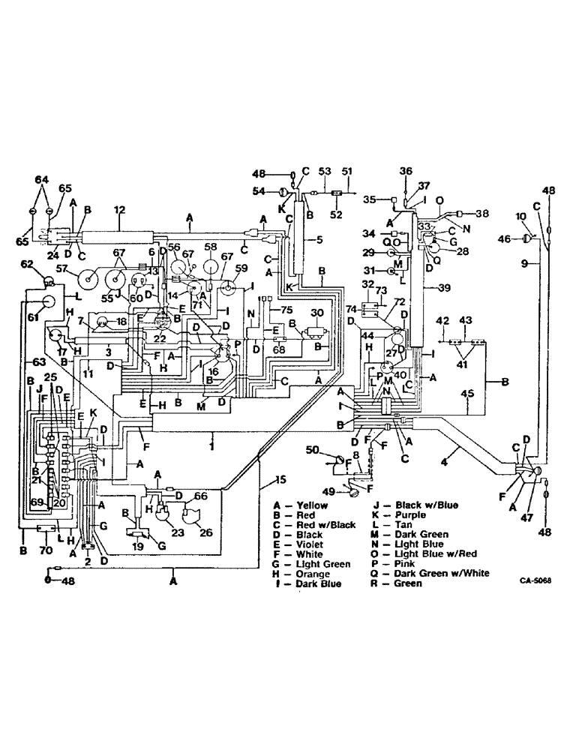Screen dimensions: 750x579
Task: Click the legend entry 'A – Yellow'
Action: click(x=301, y=505)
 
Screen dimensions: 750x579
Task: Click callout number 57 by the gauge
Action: click(x=62, y=268)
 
